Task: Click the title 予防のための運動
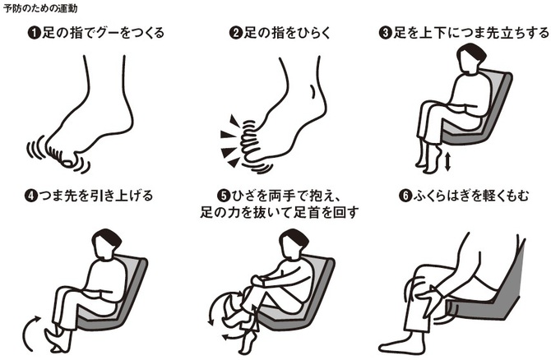pos(40,8)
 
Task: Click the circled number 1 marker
pos(34,33)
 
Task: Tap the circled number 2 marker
pos(235,33)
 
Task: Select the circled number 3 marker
pos(385,33)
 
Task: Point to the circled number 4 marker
pos(31,196)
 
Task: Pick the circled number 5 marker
pos(224,196)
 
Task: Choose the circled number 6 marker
pos(405,196)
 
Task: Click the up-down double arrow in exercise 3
pos(447,162)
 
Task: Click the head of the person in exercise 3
pos(470,58)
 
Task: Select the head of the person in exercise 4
pos(105,243)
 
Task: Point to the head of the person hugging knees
pos(293,243)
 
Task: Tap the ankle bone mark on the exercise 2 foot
pos(312,92)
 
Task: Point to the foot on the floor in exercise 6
pos(399,344)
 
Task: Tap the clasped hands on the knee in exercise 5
pos(257,280)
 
